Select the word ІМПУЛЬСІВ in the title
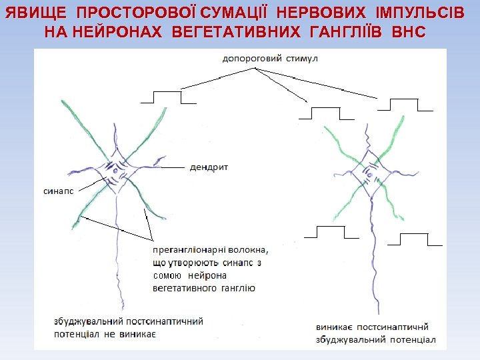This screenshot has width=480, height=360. (x=418, y=13)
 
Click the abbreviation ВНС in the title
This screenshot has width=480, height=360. (x=409, y=31)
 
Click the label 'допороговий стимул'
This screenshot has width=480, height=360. (x=271, y=59)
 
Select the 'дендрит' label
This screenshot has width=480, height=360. (x=209, y=167)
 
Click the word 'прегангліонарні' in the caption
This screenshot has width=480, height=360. (x=191, y=251)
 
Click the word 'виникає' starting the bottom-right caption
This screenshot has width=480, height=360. (x=335, y=327)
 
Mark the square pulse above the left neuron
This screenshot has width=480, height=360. (x=169, y=97)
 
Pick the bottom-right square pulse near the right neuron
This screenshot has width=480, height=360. (x=415, y=239)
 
